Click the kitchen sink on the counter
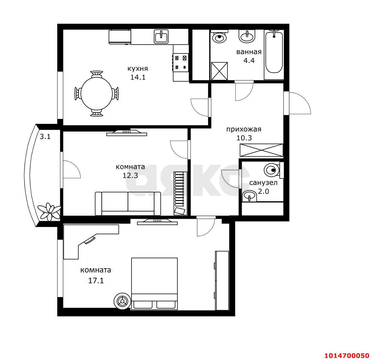(x=161, y=36)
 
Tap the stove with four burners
(x=181, y=63)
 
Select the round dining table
(x=97, y=93)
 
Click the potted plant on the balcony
(x=50, y=211)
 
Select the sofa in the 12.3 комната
(x=128, y=203)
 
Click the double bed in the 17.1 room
(x=154, y=284)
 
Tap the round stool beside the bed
(x=122, y=301)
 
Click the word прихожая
(x=244, y=129)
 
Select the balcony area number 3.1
(x=45, y=137)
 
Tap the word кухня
(x=138, y=69)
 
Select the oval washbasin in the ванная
(x=246, y=36)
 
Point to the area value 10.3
(x=244, y=138)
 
